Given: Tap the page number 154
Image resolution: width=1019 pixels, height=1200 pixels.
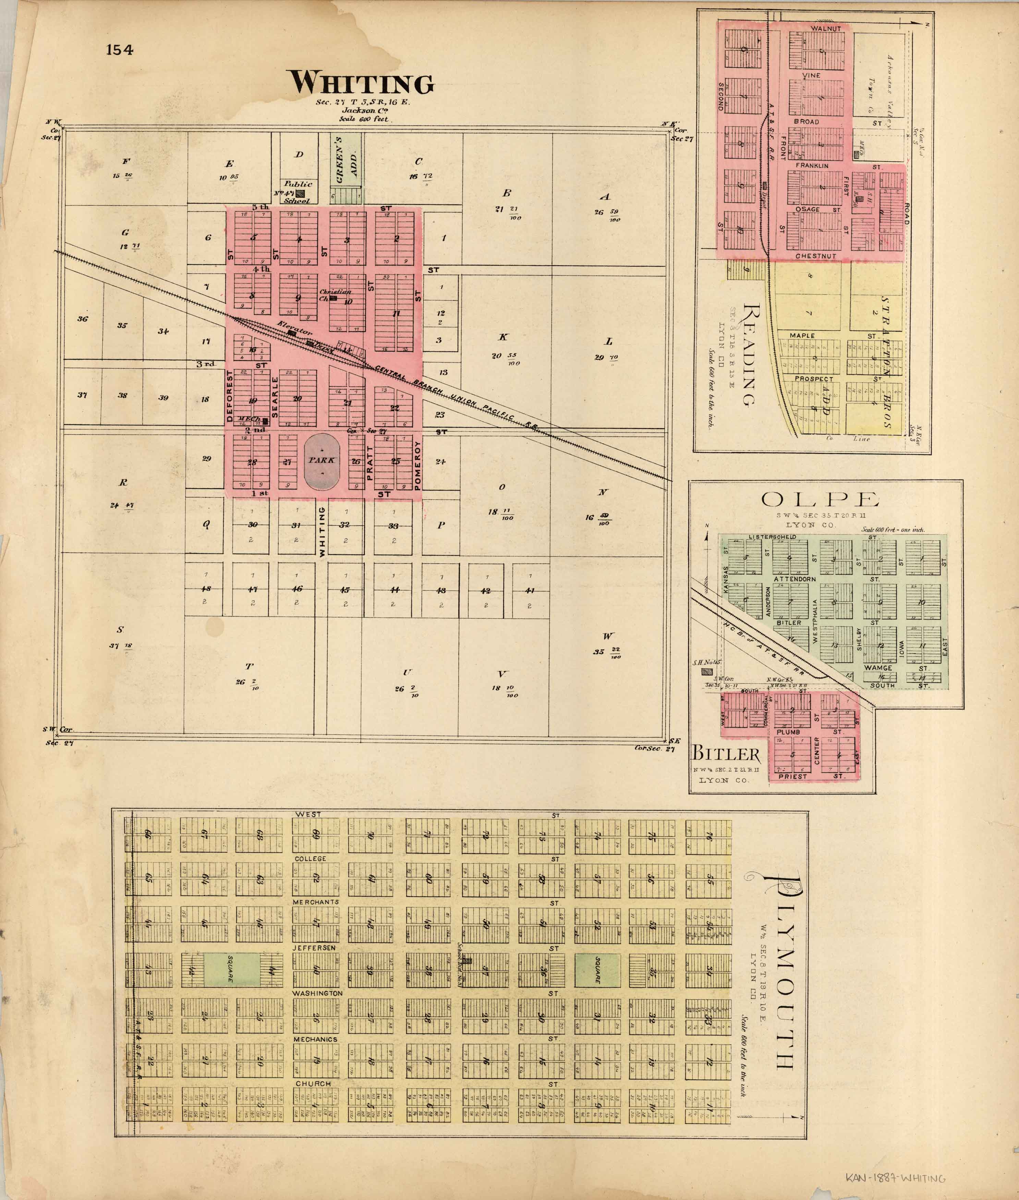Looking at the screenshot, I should pyautogui.click(x=120, y=50).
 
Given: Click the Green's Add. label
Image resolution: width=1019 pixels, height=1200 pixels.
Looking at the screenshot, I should pyautogui.click(x=347, y=160).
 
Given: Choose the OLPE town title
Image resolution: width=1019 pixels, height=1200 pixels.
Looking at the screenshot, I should pyautogui.click(x=820, y=499).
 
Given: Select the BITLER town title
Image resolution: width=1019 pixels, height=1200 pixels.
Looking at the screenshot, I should pyautogui.click(x=726, y=753).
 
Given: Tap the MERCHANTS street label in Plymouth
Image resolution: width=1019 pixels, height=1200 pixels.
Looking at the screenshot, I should pyautogui.click(x=315, y=902).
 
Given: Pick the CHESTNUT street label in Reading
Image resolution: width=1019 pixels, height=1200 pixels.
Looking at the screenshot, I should pyautogui.click(x=815, y=256).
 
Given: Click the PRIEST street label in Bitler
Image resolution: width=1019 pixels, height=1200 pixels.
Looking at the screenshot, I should pyautogui.click(x=792, y=777).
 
